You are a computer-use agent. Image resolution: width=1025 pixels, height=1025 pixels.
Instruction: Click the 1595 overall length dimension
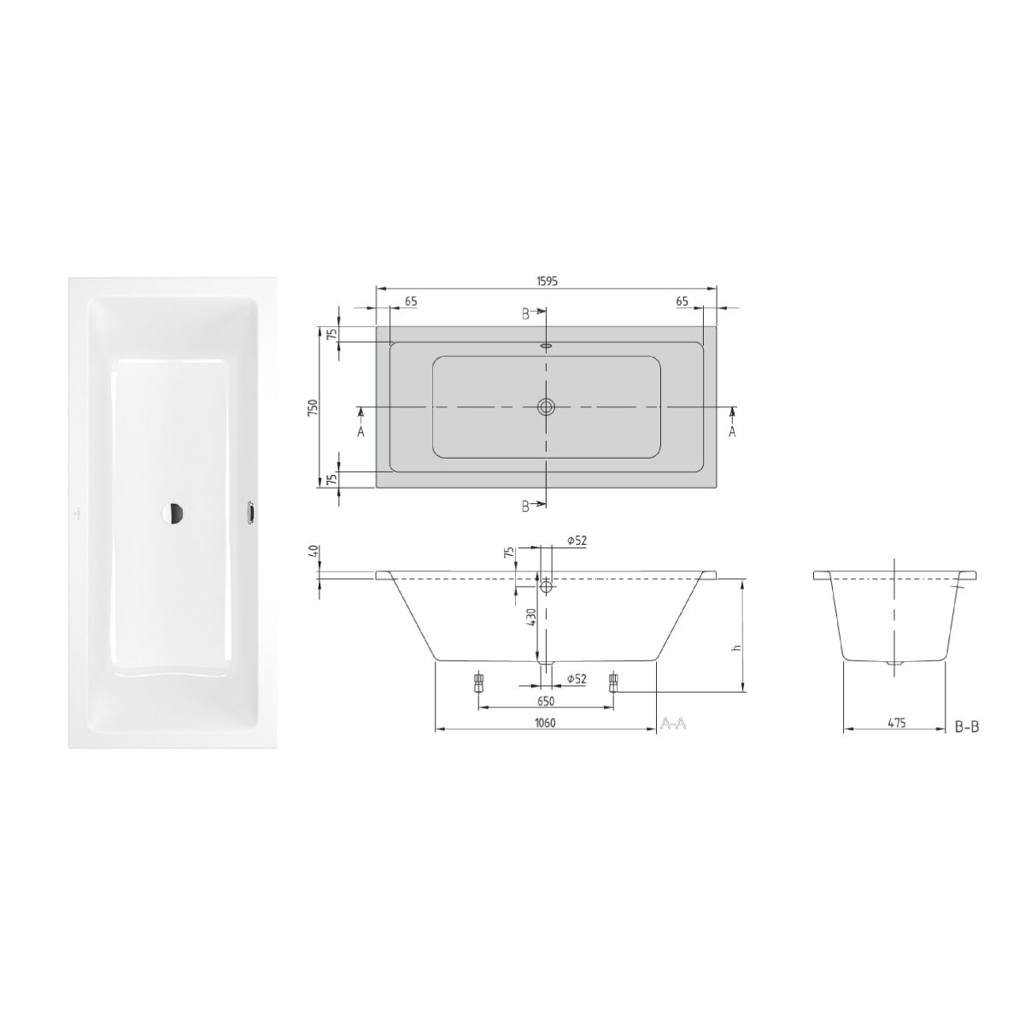point(547,281)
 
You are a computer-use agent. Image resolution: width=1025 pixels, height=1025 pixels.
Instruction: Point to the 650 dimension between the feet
point(546,701)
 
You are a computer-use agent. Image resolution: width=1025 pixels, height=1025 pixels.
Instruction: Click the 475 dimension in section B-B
point(896,723)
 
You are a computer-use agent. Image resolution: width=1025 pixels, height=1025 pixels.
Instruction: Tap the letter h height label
point(735,647)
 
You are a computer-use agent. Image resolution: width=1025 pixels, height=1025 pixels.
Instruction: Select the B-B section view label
point(966,727)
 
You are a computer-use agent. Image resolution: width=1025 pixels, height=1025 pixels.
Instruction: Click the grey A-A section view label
point(673,724)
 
